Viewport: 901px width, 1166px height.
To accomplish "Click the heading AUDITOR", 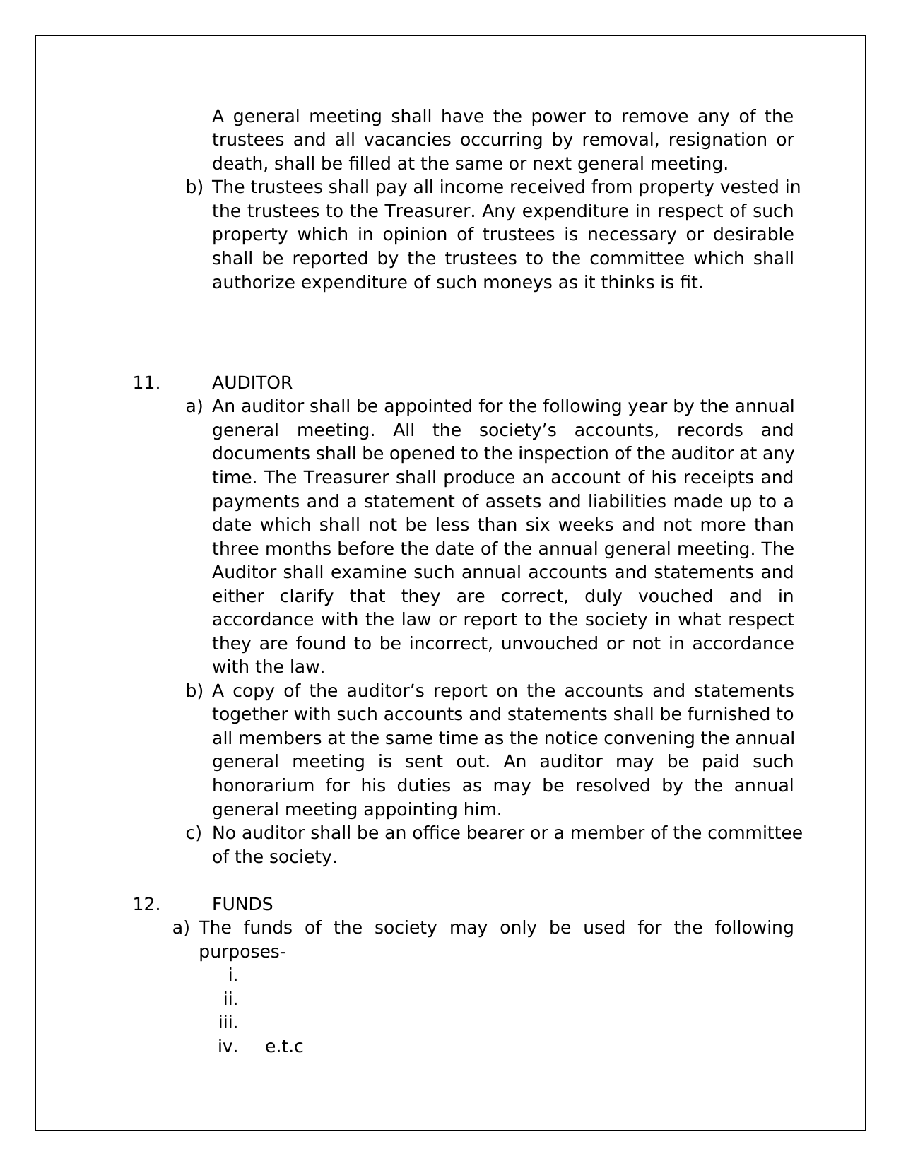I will tap(252, 383).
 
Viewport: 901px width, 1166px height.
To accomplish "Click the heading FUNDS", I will tap(242, 905).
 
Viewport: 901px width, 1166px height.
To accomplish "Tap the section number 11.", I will tap(146, 383).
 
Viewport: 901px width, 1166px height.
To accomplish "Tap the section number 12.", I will tap(146, 905).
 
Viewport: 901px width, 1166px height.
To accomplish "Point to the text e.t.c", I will tap(284, 1047).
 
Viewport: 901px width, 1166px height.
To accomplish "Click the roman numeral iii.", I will tap(228, 1023).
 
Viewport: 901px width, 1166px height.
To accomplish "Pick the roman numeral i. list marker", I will tap(232, 975).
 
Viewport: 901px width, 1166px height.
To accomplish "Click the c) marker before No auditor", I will tap(194, 833).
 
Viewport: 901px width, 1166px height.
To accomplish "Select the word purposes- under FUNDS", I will tap(242, 952).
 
